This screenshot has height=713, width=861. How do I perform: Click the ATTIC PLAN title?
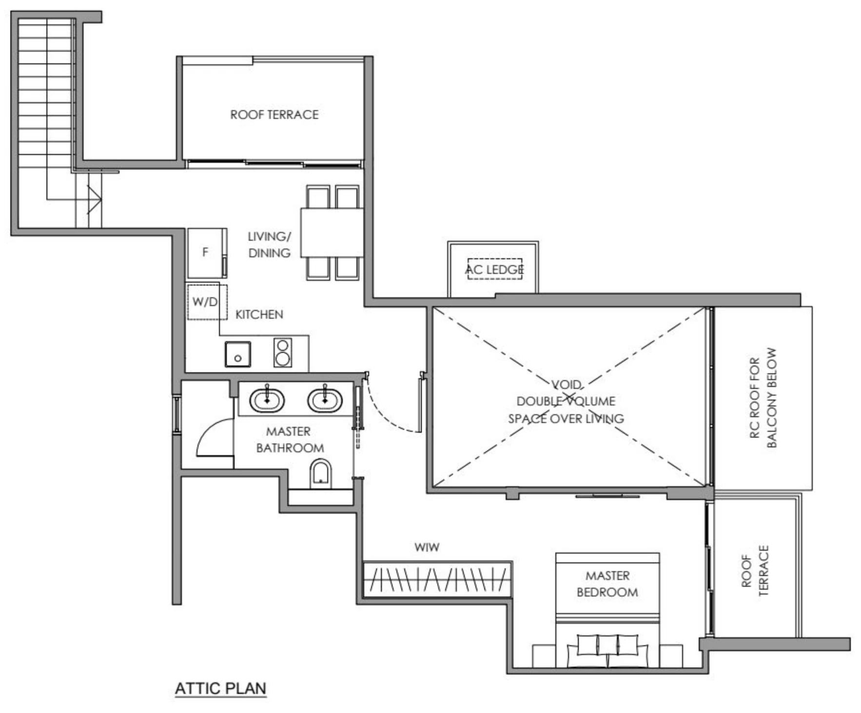[220, 688]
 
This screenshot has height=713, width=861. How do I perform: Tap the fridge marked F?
[205, 252]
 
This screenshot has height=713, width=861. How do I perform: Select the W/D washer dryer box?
[204, 302]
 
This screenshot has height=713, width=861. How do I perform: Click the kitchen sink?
[238, 354]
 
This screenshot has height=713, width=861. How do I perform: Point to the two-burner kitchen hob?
[283, 352]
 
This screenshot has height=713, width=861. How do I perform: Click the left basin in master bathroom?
[267, 400]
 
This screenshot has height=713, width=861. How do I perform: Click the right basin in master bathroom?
[325, 400]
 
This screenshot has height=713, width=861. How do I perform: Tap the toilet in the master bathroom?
[321, 474]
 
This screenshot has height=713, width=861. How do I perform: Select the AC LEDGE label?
[494, 270]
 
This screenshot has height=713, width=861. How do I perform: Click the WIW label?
[427, 547]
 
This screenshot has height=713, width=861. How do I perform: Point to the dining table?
[332, 232]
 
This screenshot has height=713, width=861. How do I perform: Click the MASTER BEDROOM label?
[607, 584]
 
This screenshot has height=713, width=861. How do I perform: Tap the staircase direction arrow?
[95, 199]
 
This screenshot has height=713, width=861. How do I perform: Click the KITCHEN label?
[259, 314]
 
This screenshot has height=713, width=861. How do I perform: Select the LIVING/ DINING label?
[269, 245]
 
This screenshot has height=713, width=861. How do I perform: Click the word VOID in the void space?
[566, 385]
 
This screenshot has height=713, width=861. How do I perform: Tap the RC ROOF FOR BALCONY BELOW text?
[763, 398]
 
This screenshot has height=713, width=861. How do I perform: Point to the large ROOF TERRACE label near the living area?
[274, 115]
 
